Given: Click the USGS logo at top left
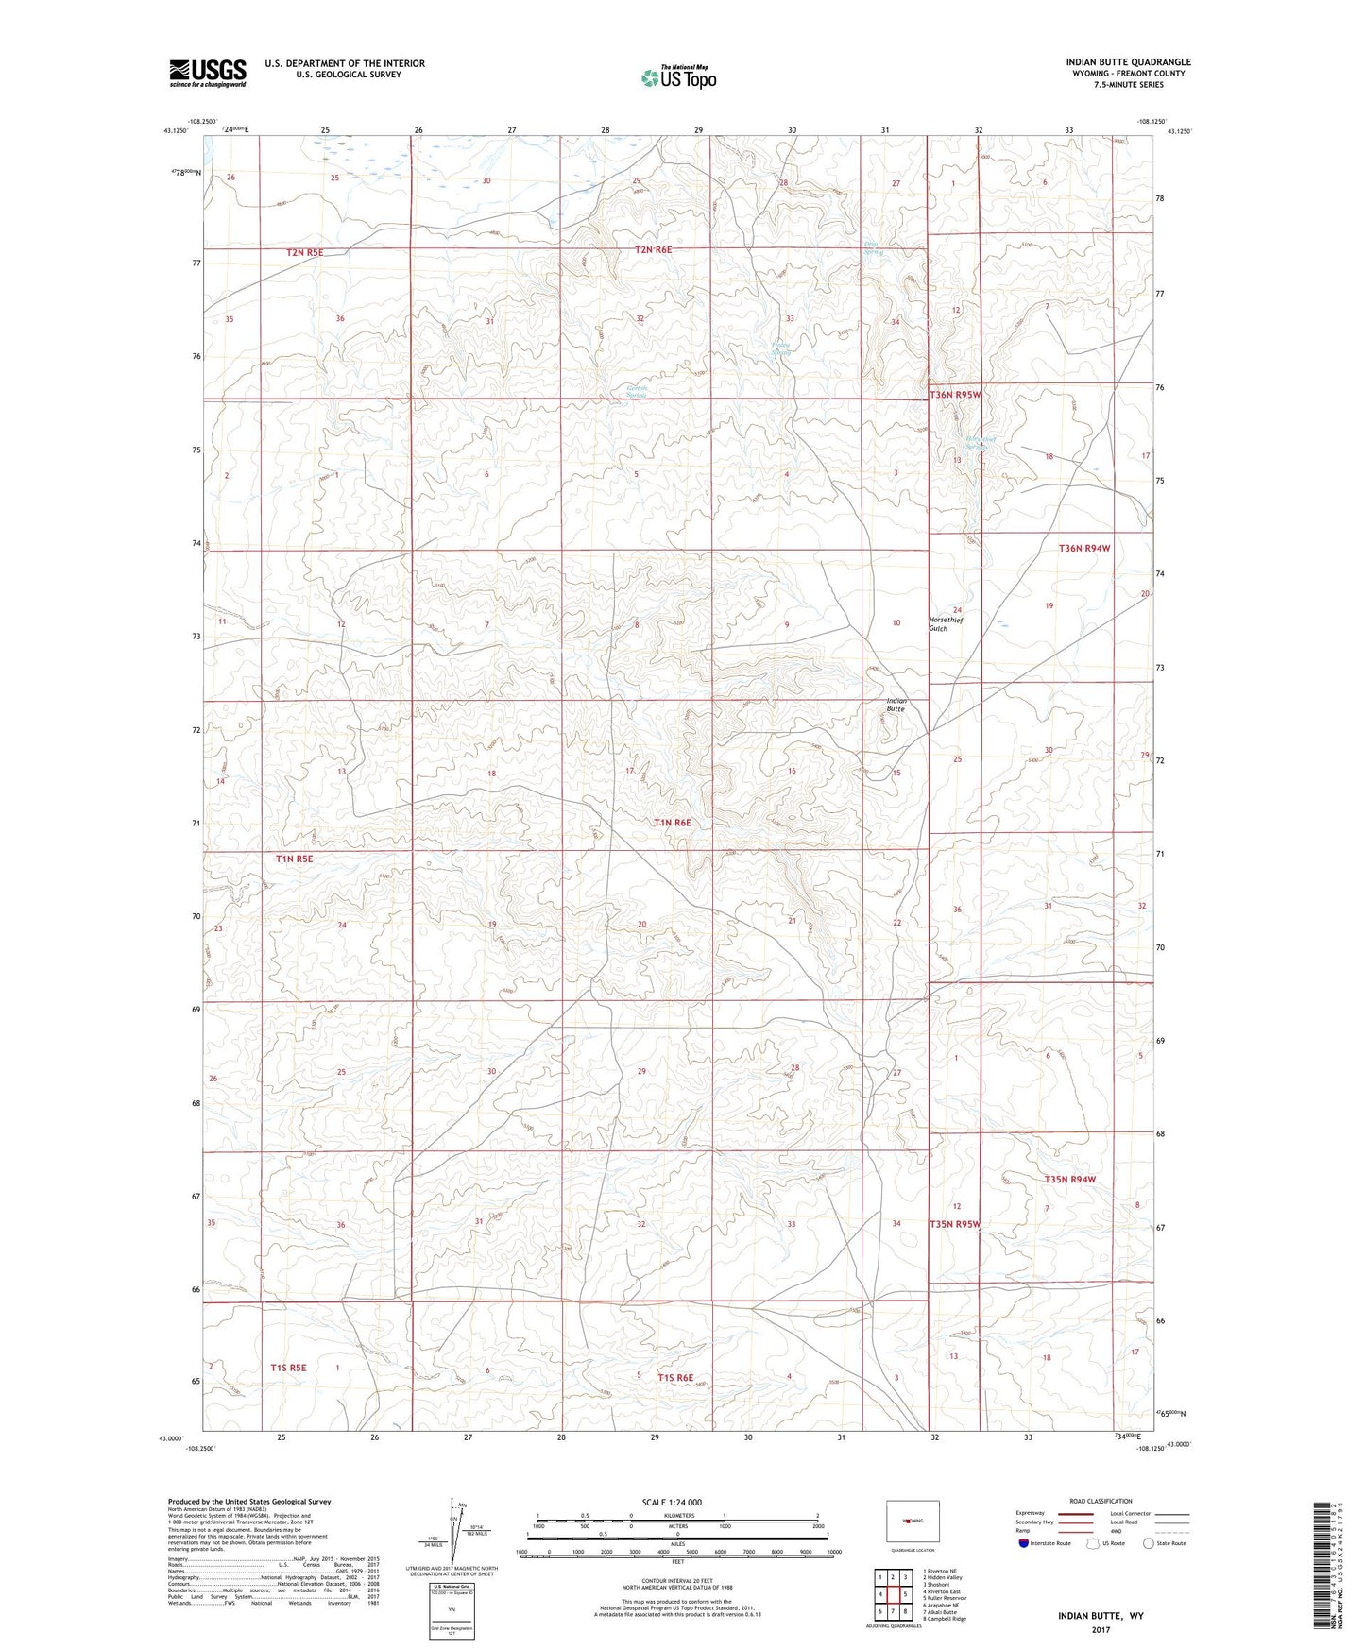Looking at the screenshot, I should click(x=208, y=73).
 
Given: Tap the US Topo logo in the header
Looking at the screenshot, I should click(x=678, y=77).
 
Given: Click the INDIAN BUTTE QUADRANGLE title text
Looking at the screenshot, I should click(x=1128, y=62).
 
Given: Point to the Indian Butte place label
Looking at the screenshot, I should click(x=896, y=705).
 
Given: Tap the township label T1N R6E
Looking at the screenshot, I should click(x=673, y=823).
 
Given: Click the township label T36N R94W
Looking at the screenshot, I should click(x=1083, y=548).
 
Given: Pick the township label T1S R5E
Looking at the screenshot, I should click(x=289, y=1368).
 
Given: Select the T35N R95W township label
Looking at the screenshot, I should click(x=955, y=1224).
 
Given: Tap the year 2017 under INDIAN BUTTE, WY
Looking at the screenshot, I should click(x=1101, y=1629).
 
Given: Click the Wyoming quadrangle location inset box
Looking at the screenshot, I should click(x=913, y=1521).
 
